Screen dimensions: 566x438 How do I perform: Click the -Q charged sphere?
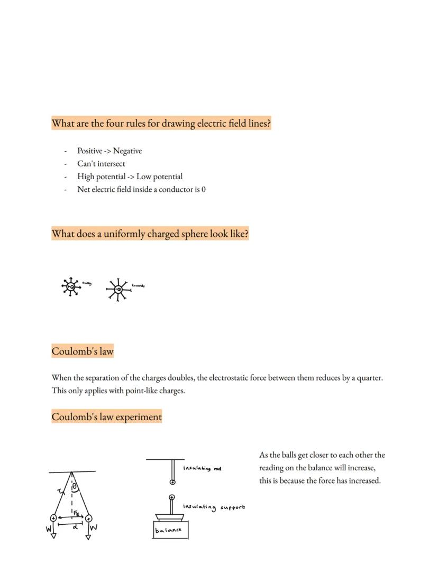coord(118,289)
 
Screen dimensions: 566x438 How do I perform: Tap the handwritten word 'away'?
coord(87,283)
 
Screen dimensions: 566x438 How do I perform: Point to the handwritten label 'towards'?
coord(138,285)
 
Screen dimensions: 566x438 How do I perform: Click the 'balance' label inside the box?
coord(169,530)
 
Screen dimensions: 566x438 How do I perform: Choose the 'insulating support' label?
coord(214,507)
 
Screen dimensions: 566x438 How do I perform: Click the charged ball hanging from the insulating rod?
coord(172,482)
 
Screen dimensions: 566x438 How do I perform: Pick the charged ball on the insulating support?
coord(172,497)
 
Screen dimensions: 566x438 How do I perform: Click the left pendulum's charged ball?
coord(53,518)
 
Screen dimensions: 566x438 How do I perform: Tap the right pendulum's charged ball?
coord(88,518)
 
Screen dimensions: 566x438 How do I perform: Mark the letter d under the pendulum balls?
coord(75,526)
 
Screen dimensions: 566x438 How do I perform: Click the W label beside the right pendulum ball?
coord(95,527)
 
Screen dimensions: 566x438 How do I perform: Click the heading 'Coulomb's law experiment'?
coord(106,417)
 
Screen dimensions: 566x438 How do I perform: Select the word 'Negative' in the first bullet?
coord(127,151)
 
